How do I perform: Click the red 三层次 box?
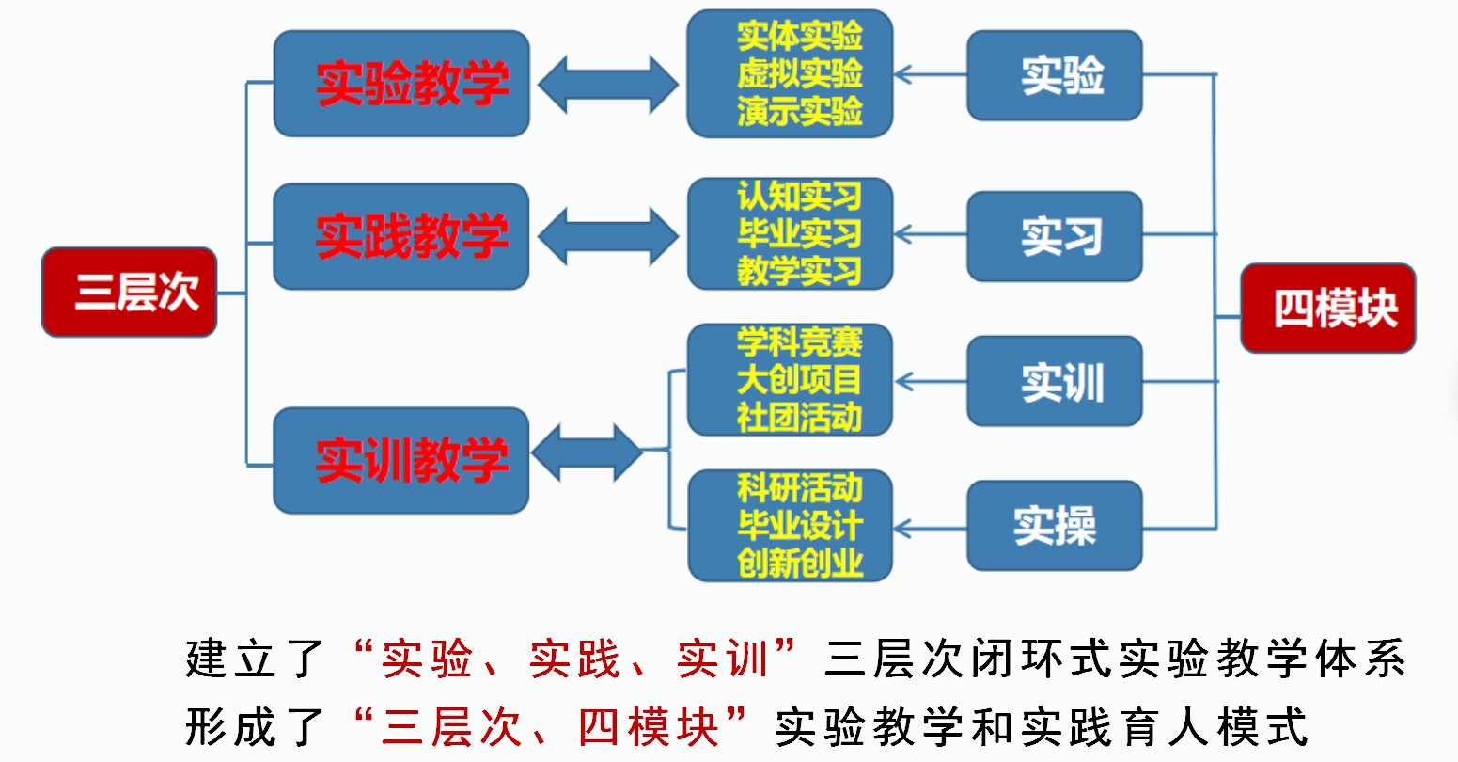tap(130, 292)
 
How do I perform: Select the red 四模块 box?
tap(1328, 308)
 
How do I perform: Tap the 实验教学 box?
tap(401, 84)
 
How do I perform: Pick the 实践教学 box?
tap(401, 236)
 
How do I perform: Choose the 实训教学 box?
tap(401, 460)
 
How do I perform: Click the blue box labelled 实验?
tap(1055, 75)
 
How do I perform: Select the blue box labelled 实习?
tap(1055, 236)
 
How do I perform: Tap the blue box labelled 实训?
tap(1055, 382)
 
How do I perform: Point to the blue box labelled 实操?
tap(1055, 526)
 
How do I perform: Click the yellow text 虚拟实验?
tap(800, 73)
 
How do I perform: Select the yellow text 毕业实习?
tap(800, 233)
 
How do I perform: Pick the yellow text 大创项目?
tap(800, 380)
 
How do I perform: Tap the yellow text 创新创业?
tap(800, 563)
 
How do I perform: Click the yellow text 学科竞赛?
tap(800, 341)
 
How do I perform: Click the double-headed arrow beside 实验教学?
tap(608, 85)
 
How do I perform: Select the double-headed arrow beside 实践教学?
tap(608, 236)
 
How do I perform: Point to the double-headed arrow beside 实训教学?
tap(588, 452)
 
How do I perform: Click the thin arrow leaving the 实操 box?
tap(931, 528)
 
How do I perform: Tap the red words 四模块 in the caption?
tap(649, 727)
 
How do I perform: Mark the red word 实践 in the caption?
tap(574, 659)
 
